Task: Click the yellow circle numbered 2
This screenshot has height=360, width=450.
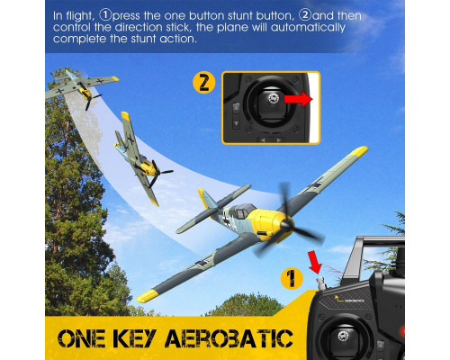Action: [x=204, y=82]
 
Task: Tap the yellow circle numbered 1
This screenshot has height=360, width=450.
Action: [x=292, y=279]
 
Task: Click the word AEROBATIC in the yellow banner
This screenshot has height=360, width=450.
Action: [x=229, y=338]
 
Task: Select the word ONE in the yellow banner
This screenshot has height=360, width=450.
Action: [x=81, y=338]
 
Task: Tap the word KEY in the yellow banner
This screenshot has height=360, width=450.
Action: [x=135, y=338]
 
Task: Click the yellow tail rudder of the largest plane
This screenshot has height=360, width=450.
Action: [x=205, y=199]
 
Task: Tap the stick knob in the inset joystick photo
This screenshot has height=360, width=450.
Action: [x=273, y=98]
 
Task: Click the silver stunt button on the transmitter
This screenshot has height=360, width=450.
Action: [x=321, y=283]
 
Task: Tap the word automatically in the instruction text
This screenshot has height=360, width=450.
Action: [x=308, y=28]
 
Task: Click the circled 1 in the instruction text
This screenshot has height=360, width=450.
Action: [x=105, y=15]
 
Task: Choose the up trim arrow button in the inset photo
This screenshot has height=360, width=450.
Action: [x=236, y=107]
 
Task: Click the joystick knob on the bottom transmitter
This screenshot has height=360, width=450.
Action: [x=343, y=336]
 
